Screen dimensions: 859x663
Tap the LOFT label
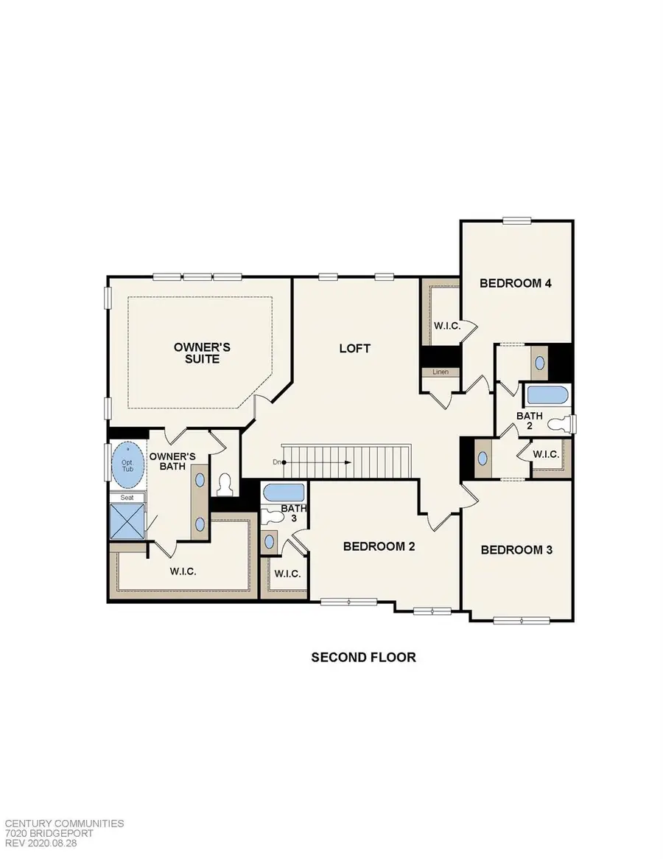(x=354, y=348)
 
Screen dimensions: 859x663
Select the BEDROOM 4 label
(x=516, y=283)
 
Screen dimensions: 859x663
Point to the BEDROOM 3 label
(x=516, y=549)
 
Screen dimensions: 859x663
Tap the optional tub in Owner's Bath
(x=128, y=466)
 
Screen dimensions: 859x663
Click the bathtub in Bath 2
(x=547, y=395)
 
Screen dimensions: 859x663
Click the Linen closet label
(x=441, y=372)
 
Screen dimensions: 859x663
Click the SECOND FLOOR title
(x=363, y=657)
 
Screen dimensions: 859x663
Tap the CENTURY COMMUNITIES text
(x=64, y=824)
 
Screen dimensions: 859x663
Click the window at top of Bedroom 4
(x=517, y=220)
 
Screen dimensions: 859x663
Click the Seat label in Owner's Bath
(x=127, y=498)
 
